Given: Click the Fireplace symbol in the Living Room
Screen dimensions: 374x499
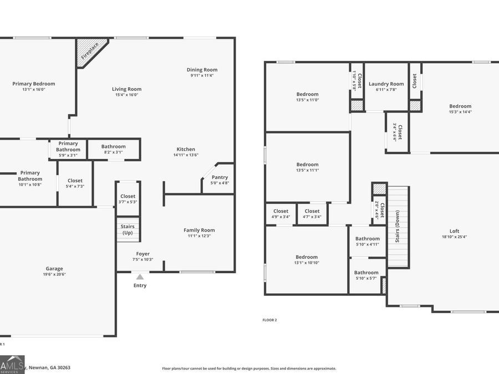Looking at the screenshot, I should tap(88, 50).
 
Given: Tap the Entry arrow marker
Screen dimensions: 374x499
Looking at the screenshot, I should tap(140, 276).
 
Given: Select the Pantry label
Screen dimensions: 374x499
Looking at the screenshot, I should tap(220, 177).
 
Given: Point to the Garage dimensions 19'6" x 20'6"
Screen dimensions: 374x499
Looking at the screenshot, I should tap(54, 274).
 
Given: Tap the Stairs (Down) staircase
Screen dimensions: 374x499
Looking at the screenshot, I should tap(398, 227).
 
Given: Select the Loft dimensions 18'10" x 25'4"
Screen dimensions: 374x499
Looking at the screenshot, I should tap(454, 237).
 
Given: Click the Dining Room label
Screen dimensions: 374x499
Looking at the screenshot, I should tap(202, 70).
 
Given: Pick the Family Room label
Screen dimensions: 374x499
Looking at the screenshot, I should tap(199, 230).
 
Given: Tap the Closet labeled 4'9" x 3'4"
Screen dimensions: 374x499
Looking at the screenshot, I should tap(281, 214).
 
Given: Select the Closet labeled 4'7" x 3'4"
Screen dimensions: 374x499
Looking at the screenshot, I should tap(312, 214).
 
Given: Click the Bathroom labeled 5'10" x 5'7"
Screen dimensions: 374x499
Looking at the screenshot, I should tap(366, 275).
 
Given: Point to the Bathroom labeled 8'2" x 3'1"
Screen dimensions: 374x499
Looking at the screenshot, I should tap(113, 149).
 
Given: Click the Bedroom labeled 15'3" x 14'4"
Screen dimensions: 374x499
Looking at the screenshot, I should tap(460, 109).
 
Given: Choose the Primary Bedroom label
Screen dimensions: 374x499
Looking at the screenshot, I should tap(34, 84).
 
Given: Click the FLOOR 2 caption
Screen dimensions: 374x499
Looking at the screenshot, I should tap(269, 320).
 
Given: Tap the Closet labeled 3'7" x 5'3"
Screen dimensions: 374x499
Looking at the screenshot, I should tap(128, 199).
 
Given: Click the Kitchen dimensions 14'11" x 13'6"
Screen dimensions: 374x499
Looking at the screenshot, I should tap(186, 155).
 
